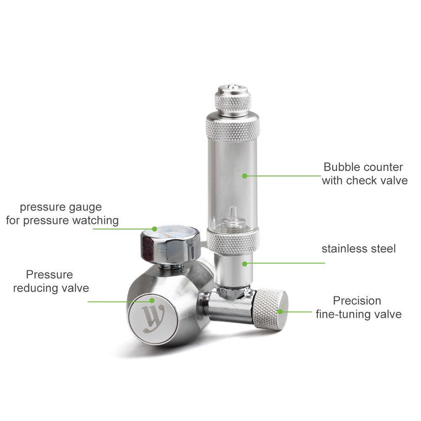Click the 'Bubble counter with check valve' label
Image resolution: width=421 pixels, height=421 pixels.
tap(365, 174)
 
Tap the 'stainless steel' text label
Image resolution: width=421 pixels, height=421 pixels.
tap(359, 249)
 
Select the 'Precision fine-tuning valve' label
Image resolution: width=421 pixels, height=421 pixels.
tap(358, 307)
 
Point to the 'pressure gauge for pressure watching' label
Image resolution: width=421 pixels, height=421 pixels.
tap(62, 214)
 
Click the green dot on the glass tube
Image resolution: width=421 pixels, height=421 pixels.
tap(244, 176)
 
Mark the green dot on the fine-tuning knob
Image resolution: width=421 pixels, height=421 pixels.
tap(280, 312)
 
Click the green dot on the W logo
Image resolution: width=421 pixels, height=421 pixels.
tap(152, 301)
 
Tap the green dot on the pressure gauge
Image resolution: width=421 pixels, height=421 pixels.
tap(155, 229)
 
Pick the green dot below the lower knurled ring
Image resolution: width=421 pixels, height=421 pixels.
tap(244, 264)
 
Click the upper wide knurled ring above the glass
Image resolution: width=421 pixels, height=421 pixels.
tap(232, 125)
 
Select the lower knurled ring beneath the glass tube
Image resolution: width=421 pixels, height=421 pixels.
tap(232, 241)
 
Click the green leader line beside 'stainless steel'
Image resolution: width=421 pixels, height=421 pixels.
tap(286, 264)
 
